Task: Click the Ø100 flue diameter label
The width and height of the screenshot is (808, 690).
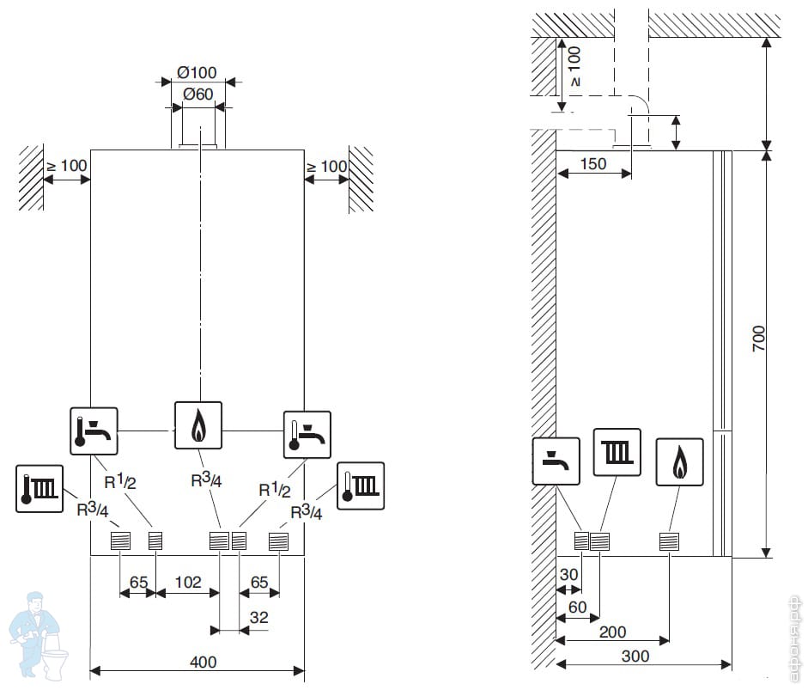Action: (197, 72)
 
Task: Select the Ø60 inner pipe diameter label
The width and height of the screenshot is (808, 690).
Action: (197, 95)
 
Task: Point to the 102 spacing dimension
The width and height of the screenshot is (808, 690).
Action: (187, 583)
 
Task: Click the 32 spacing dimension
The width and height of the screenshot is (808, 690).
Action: (258, 617)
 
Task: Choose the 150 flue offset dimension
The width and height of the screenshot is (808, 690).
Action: (592, 163)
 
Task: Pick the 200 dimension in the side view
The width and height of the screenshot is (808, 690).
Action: (611, 632)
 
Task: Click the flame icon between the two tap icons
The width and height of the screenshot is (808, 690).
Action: (198, 424)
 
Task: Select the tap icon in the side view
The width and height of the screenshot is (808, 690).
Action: (556, 461)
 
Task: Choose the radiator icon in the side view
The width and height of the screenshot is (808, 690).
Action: (617, 451)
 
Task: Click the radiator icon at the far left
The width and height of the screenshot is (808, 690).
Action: (39, 487)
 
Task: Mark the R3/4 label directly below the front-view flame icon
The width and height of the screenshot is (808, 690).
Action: (206, 479)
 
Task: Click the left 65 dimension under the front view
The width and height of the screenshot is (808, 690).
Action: (137, 583)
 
